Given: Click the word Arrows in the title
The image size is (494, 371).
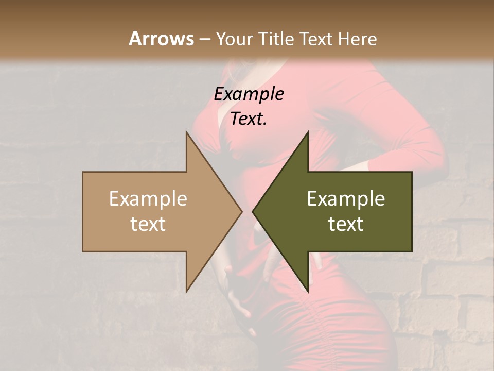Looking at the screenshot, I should [162, 39].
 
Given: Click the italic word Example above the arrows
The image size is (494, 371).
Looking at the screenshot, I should [249, 94].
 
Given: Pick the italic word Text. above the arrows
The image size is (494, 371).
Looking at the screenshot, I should [249, 119].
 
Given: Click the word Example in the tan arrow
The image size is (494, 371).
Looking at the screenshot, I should [148, 198].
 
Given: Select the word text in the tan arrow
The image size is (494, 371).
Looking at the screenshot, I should [148, 224].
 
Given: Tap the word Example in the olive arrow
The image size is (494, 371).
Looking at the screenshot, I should [346, 198].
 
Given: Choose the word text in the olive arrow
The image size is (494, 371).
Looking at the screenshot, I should [346, 224].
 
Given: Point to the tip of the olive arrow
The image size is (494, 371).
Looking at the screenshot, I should [253, 211].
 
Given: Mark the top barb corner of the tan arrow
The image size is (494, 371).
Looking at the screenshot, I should [187, 132].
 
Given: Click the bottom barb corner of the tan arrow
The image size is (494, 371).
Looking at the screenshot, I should [187, 291].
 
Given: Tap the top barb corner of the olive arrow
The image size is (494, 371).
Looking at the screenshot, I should [308, 132].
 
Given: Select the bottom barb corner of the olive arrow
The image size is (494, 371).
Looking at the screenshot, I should [308, 291].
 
